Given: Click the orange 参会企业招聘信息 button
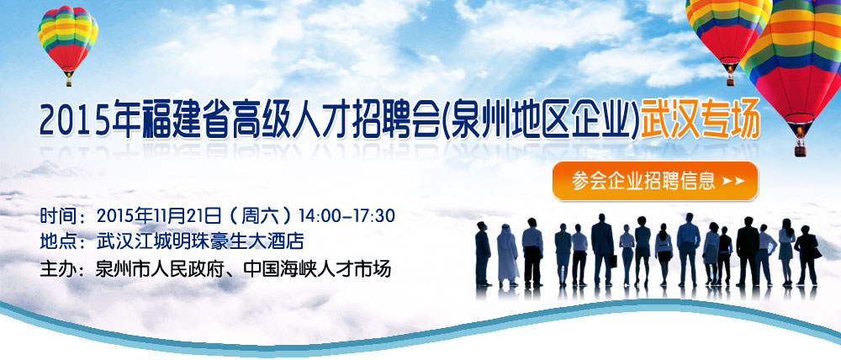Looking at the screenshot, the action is [x=655, y=181].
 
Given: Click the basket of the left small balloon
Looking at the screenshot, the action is [x=69, y=82].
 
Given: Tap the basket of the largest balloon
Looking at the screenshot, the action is [x=801, y=151].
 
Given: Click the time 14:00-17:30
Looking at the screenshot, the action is [x=346, y=215].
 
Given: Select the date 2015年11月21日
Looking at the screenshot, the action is [x=159, y=215].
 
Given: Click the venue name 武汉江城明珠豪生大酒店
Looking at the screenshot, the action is [x=200, y=241].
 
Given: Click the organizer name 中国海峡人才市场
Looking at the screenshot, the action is [x=317, y=268].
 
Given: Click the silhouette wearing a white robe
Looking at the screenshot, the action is [x=507, y=256].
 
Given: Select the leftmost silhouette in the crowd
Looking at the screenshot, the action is [x=483, y=254].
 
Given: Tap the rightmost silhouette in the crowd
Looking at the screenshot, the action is [x=807, y=255].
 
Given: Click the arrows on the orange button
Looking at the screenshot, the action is [x=733, y=182].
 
